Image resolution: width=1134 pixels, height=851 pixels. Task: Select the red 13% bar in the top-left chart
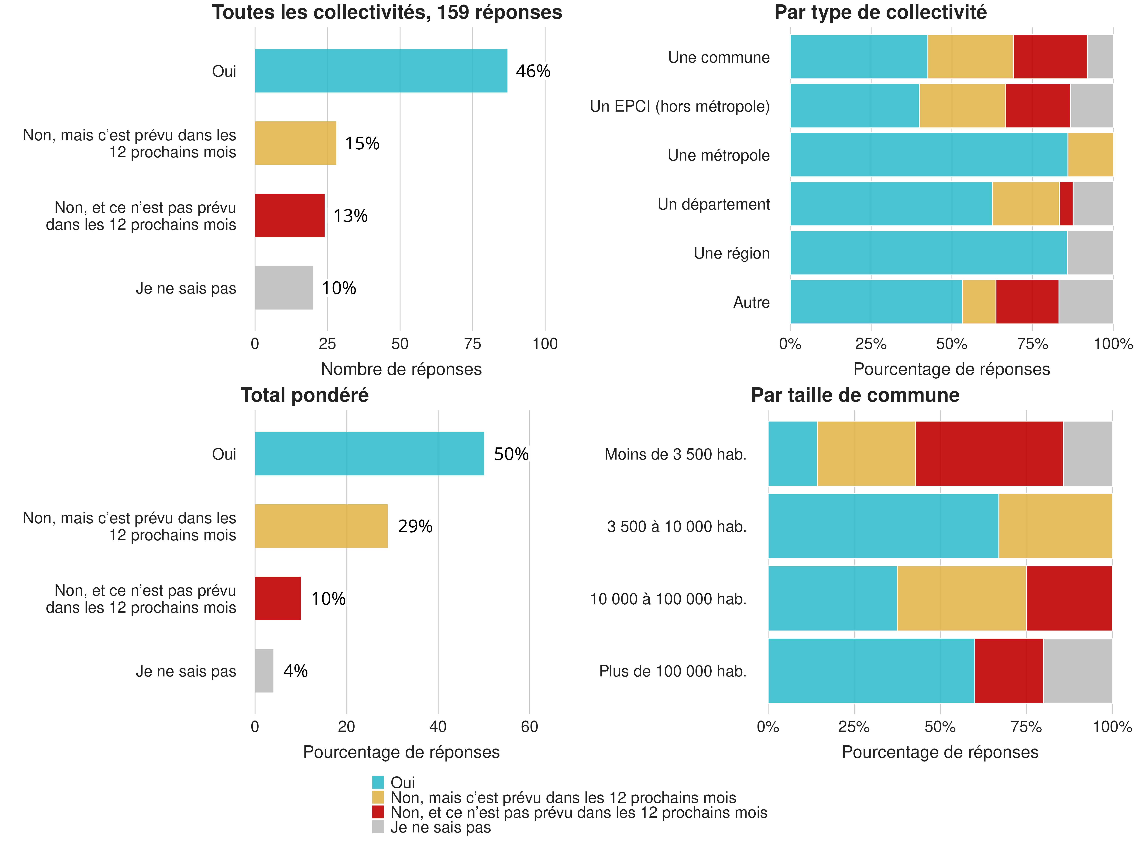290,215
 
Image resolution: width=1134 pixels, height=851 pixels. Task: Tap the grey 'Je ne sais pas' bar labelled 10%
283,288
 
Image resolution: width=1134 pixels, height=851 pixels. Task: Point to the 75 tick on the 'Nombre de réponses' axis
472,344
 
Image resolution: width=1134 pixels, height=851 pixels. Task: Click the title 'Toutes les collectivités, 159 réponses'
387,12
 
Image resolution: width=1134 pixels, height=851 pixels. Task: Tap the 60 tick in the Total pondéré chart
529,726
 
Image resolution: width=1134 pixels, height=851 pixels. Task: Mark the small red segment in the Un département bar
1066,204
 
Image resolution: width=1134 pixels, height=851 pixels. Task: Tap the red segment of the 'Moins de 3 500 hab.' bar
989,453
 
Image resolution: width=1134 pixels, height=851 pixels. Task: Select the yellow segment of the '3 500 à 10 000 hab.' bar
1055,526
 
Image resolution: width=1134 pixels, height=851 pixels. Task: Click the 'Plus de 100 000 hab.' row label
673,671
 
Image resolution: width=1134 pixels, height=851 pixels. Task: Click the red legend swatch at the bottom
378,812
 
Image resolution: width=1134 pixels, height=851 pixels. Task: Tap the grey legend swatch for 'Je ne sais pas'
378,827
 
